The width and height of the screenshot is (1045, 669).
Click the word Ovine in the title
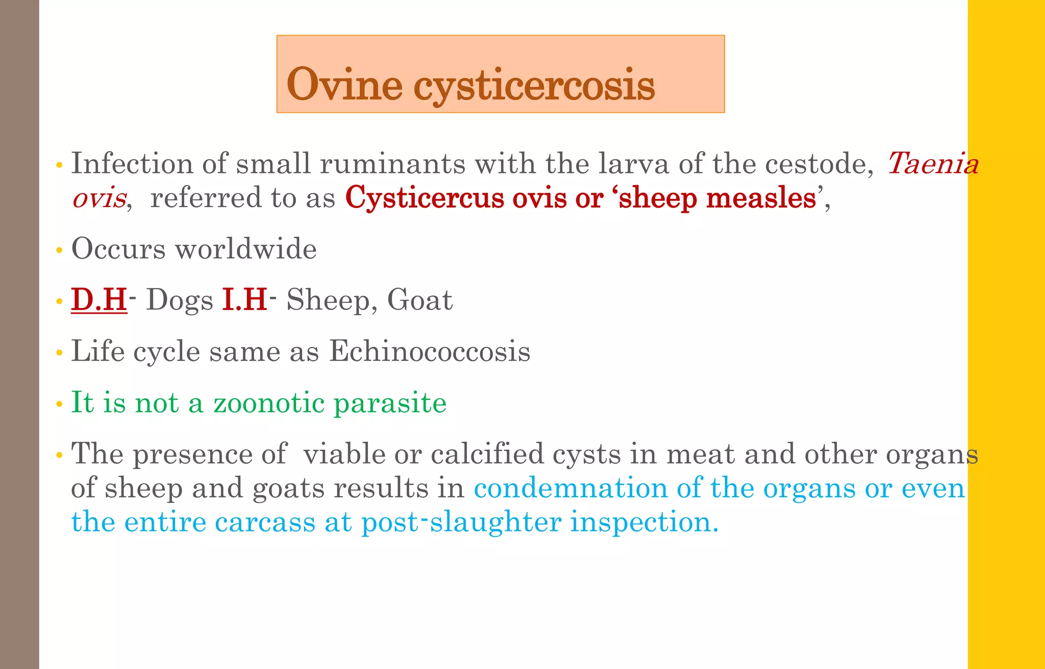tap(344, 85)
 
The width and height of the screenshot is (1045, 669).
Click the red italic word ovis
tap(99, 198)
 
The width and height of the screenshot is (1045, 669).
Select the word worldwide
tap(246, 249)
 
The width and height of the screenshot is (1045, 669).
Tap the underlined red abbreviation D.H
tap(99, 299)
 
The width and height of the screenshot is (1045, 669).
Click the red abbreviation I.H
tap(244, 299)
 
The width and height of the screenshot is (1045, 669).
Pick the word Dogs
tap(180, 300)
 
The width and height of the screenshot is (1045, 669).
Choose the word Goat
tap(419, 300)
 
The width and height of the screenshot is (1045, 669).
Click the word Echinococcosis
tap(430, 351)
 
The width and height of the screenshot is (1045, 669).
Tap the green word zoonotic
tap(269, 402)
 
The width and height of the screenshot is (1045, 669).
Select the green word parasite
tap(390, 403)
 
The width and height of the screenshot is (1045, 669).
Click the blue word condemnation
tap(570, 488)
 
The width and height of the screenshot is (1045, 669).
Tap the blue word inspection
tap(644, 522)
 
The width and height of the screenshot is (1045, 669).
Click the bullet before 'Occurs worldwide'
tap(60, 250)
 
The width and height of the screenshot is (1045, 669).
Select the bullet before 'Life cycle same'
tap(60, 353)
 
